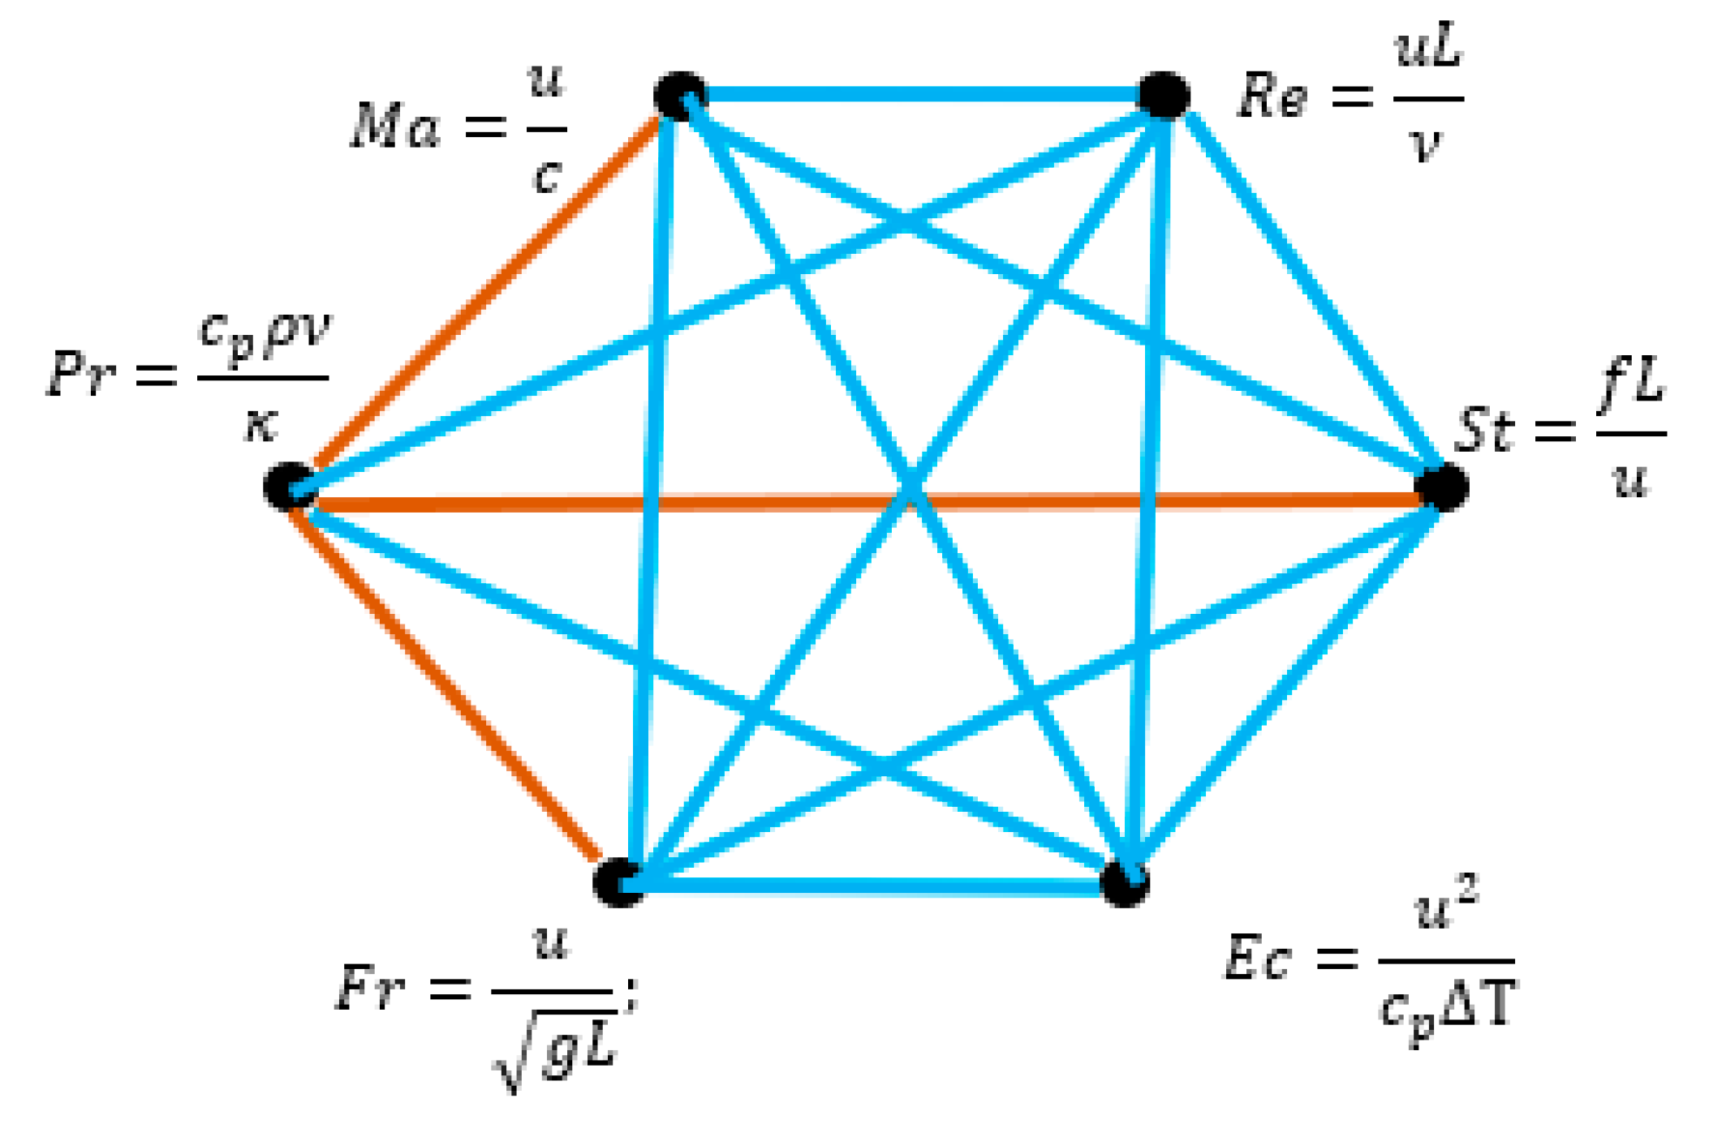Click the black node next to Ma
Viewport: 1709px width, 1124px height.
point(680,96)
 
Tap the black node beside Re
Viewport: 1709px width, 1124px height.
point(1164,95)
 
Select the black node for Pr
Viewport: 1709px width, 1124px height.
point(289,487)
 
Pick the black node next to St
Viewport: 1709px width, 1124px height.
point(1441,487)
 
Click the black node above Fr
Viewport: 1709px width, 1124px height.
point(618,882)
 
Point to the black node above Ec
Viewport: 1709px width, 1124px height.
point(1124,882)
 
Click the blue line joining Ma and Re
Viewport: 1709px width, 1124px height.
point(922,96)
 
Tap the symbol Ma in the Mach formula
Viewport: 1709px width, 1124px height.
point(395,128)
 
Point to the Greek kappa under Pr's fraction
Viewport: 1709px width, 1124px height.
point(261,423)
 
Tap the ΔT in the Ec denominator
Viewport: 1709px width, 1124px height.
point(1476,1006)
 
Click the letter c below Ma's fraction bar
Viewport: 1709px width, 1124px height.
point(548,174)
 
